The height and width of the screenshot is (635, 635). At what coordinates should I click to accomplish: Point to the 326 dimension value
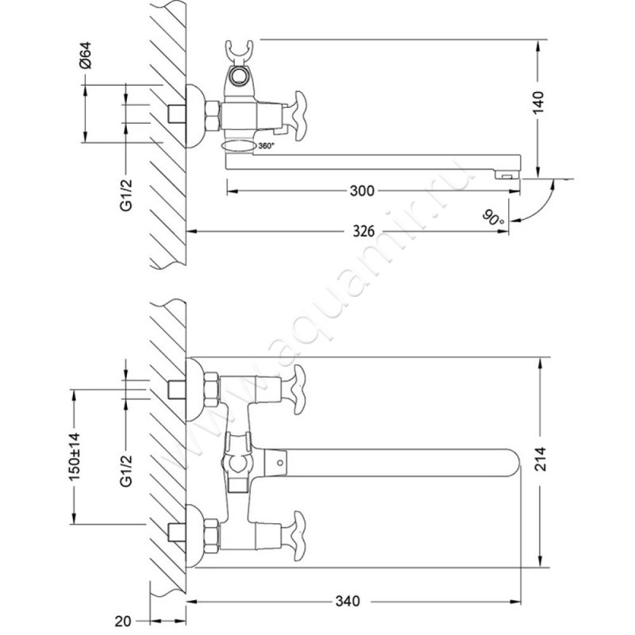point(363,232)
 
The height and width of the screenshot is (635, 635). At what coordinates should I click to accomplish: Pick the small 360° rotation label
point(267,146)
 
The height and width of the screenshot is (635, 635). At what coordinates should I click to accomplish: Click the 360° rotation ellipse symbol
point(239,146)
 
